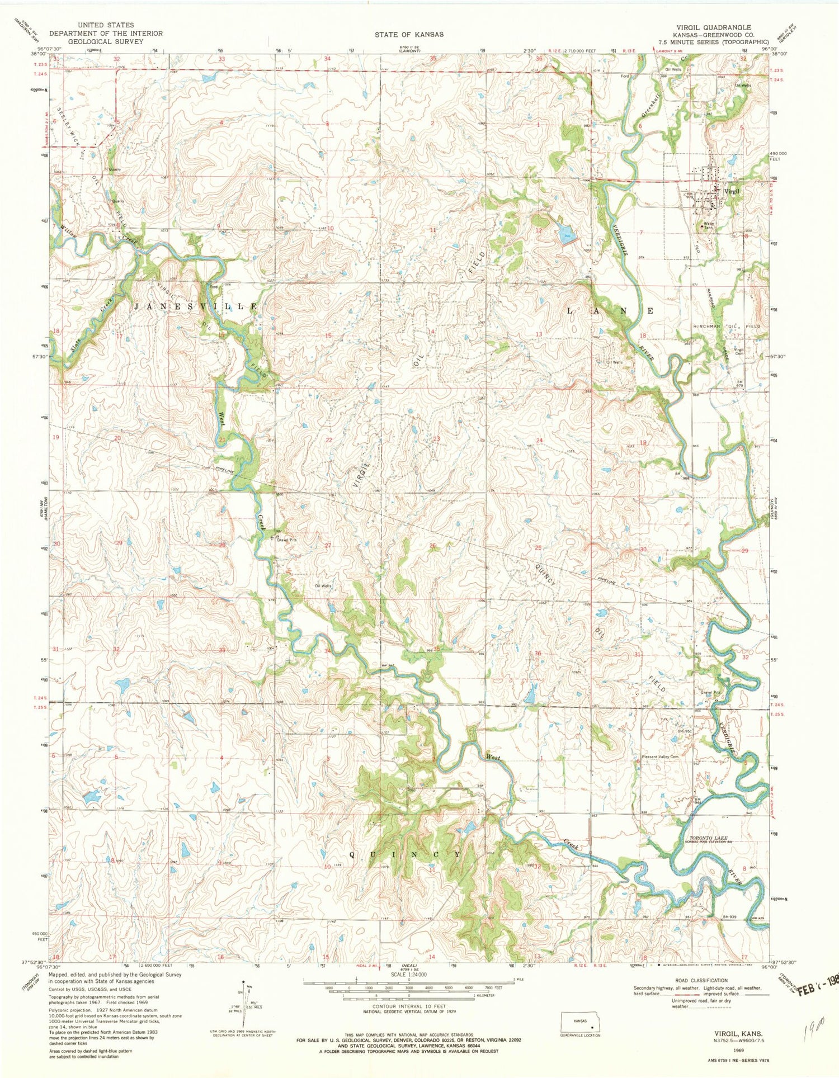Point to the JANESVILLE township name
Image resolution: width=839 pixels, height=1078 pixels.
tap(196, 307)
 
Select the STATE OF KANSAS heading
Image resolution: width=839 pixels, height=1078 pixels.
tap(409, 34)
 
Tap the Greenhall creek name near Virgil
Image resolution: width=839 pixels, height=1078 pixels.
tap(651, 105)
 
